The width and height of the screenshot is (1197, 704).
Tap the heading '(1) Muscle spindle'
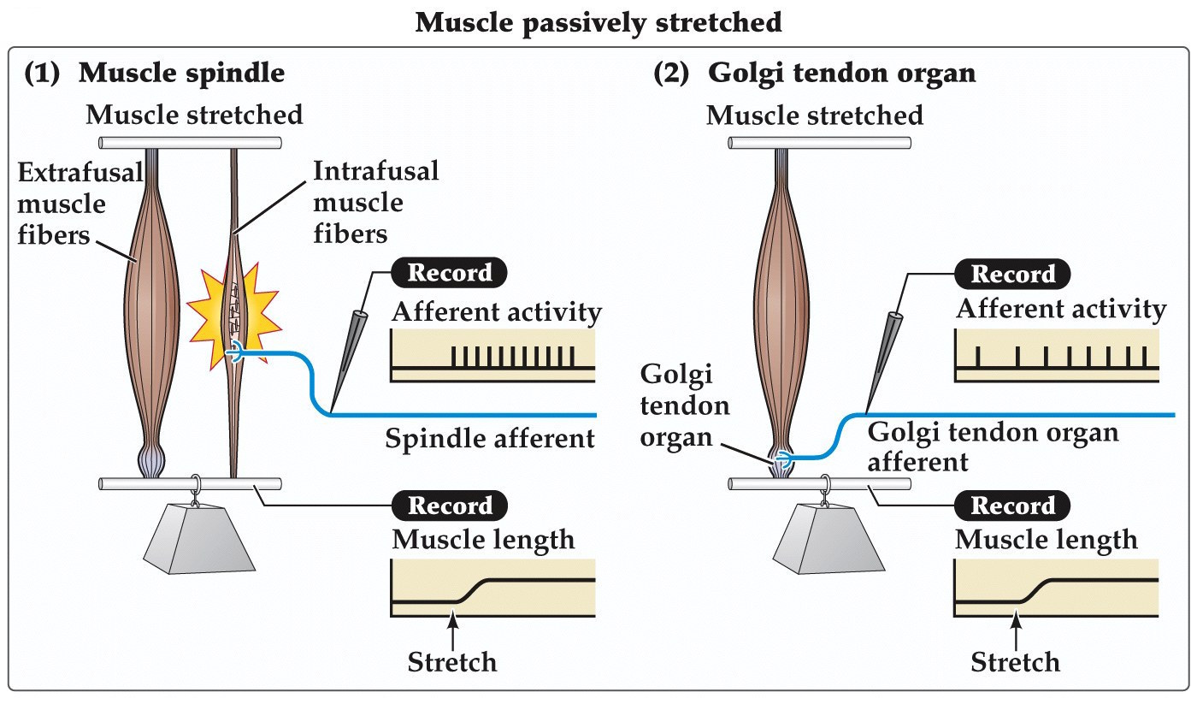pos(154,74)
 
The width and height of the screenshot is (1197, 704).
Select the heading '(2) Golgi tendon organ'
pos(814,74)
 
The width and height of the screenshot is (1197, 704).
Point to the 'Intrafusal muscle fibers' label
pos(375,202)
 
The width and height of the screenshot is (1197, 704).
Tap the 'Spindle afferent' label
pos(489,439)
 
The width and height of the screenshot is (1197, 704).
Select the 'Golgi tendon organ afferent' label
pos(993,447)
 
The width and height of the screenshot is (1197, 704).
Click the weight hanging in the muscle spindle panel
pos(201,541)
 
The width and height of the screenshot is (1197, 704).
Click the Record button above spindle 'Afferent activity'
pos(449,273)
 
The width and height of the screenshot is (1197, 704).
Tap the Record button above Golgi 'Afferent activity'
pos(1012,274)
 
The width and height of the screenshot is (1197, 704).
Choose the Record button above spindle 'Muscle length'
pos(449,505)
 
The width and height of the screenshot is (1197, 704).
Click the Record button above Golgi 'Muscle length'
pos(1013,506)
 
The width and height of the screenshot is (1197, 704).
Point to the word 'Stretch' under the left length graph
pos(451,661)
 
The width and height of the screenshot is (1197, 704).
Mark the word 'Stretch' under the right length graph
pos(1016,661)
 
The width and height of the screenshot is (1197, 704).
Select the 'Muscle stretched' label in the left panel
pos(194,114)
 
